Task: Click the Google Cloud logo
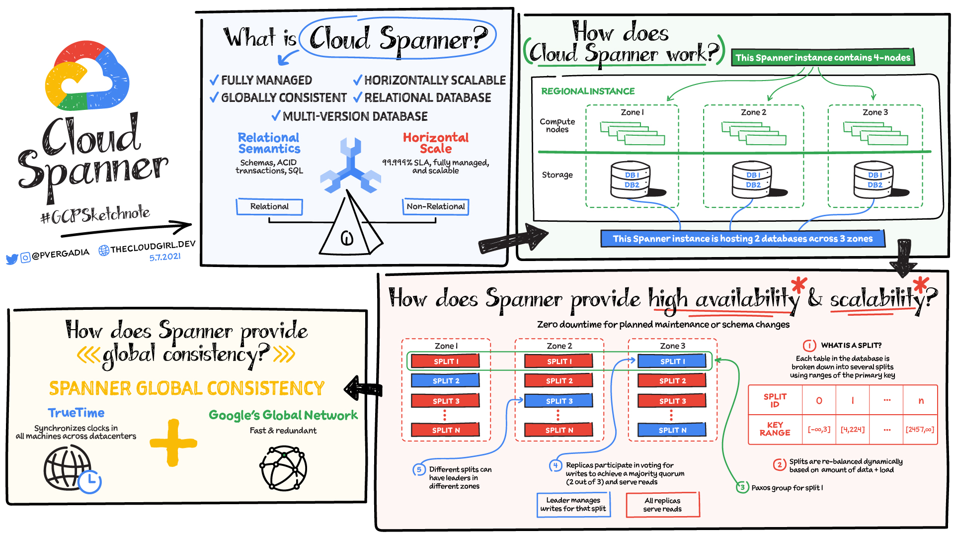tap(87, 76)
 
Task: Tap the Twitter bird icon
tap(12, 259)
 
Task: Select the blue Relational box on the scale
tap(269, 206)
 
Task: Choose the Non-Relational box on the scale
tap(435, 206)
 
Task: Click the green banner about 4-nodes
tap(823, 58)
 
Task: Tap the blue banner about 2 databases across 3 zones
tap(742, 239)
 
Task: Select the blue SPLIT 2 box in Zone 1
tap(445, 381)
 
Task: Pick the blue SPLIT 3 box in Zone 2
tap(559, 401)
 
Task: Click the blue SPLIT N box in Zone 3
tap(672, 430)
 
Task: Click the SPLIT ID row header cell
tap(775, 400)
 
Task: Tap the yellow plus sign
tap(173, 443)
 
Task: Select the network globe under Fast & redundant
tap(283, 468)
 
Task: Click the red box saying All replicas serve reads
tap(662, 505)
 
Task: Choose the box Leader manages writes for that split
tap(573, 505)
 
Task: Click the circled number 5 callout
tap(419, 469)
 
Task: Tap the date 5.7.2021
tap(165, 257)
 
